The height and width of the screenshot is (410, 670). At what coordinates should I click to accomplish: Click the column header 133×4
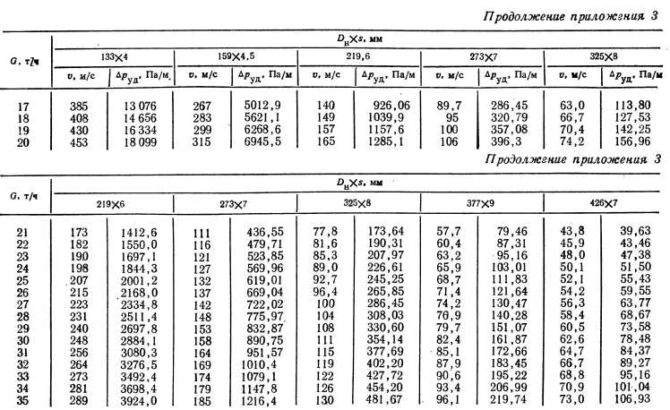coord(114,56)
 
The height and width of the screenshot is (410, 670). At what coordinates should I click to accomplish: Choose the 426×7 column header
coord(602,204)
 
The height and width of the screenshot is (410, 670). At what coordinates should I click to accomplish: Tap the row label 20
coord(24,140)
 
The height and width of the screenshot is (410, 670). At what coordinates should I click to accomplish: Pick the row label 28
coord(24,317)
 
